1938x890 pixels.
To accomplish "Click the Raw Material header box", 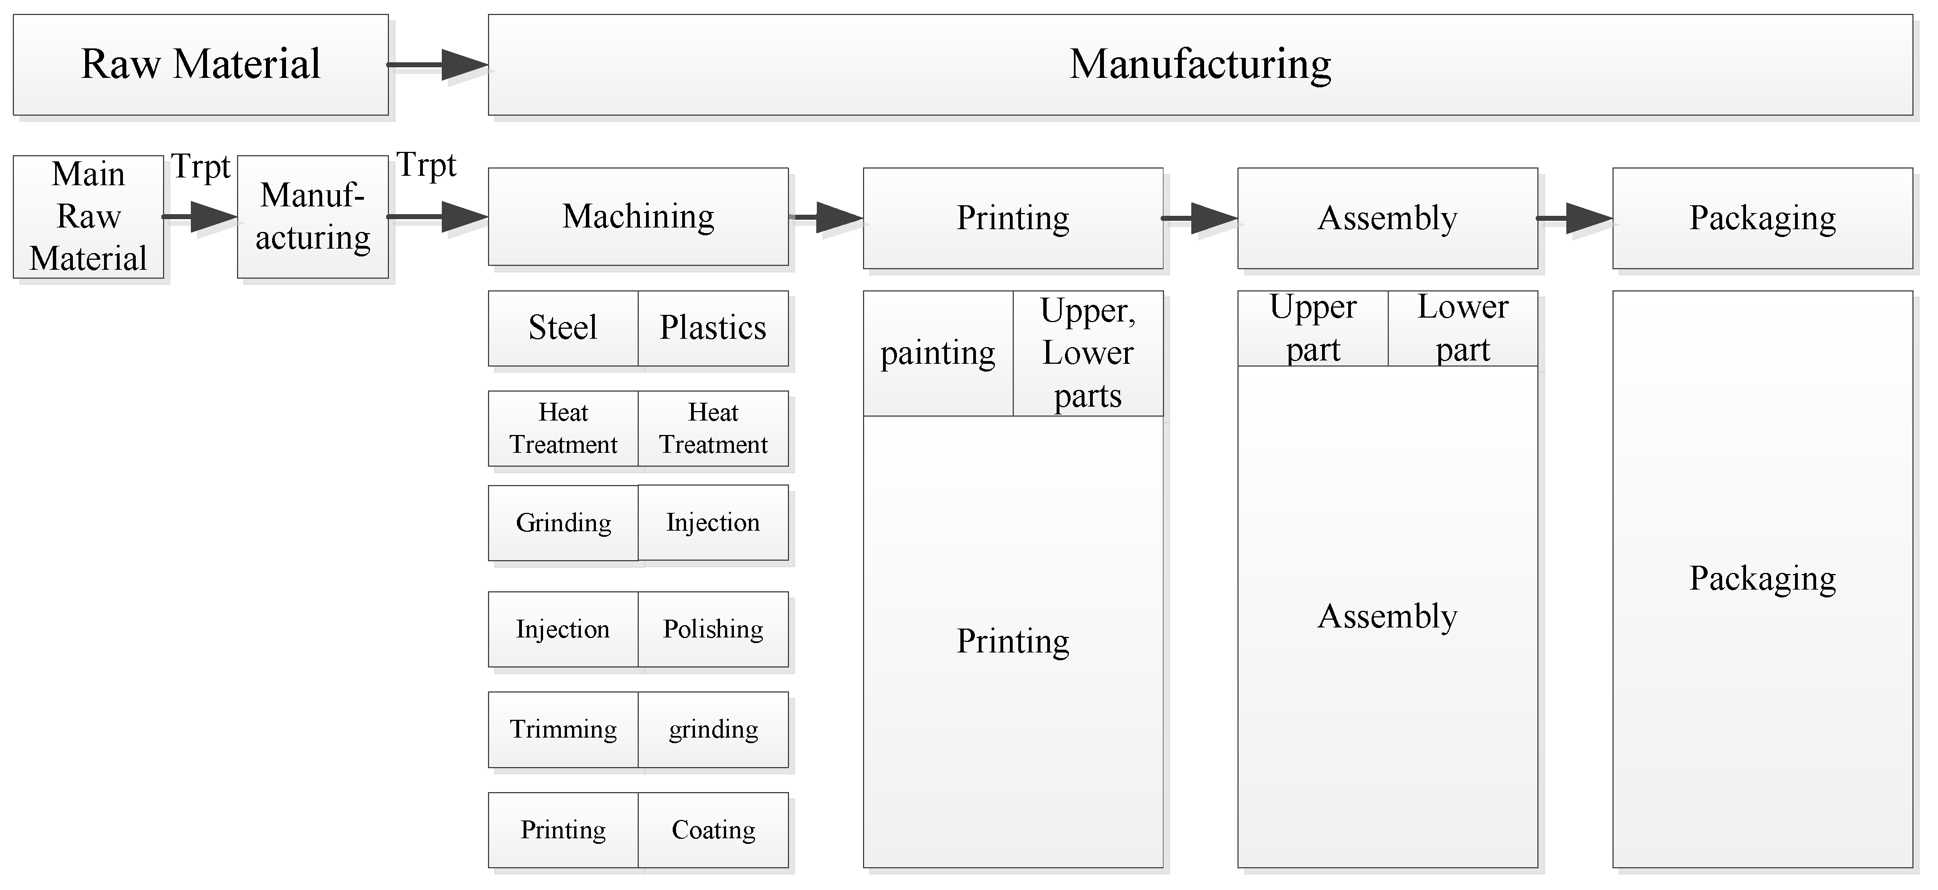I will (200, 65).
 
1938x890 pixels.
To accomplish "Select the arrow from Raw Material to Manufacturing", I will (438, 65).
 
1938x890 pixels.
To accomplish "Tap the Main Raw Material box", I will (88, 217).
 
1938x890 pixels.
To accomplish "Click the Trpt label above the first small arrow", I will (200, 167).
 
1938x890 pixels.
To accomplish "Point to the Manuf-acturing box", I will (312, 217).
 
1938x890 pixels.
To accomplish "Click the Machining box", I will (638, 217).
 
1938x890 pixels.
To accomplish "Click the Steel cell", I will (563, 328).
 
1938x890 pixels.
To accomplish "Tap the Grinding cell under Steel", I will (563, 523).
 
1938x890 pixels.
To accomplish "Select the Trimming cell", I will (563, 729).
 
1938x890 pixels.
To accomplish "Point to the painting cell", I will (938, 354).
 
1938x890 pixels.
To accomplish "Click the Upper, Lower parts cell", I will (1087, 354).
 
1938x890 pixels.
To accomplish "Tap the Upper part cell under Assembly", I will (1312, 329).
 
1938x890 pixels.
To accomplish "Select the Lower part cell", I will (1462, 329).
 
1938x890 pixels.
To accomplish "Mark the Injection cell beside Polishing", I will (563, 629).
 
